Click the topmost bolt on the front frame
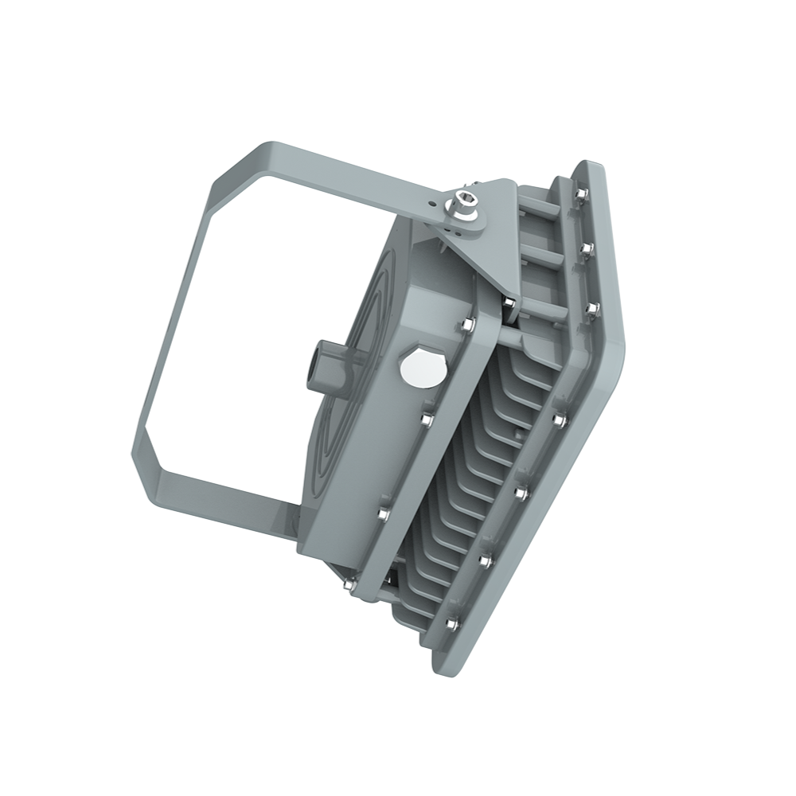pos(580,194)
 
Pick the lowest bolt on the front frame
pos(453,622)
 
